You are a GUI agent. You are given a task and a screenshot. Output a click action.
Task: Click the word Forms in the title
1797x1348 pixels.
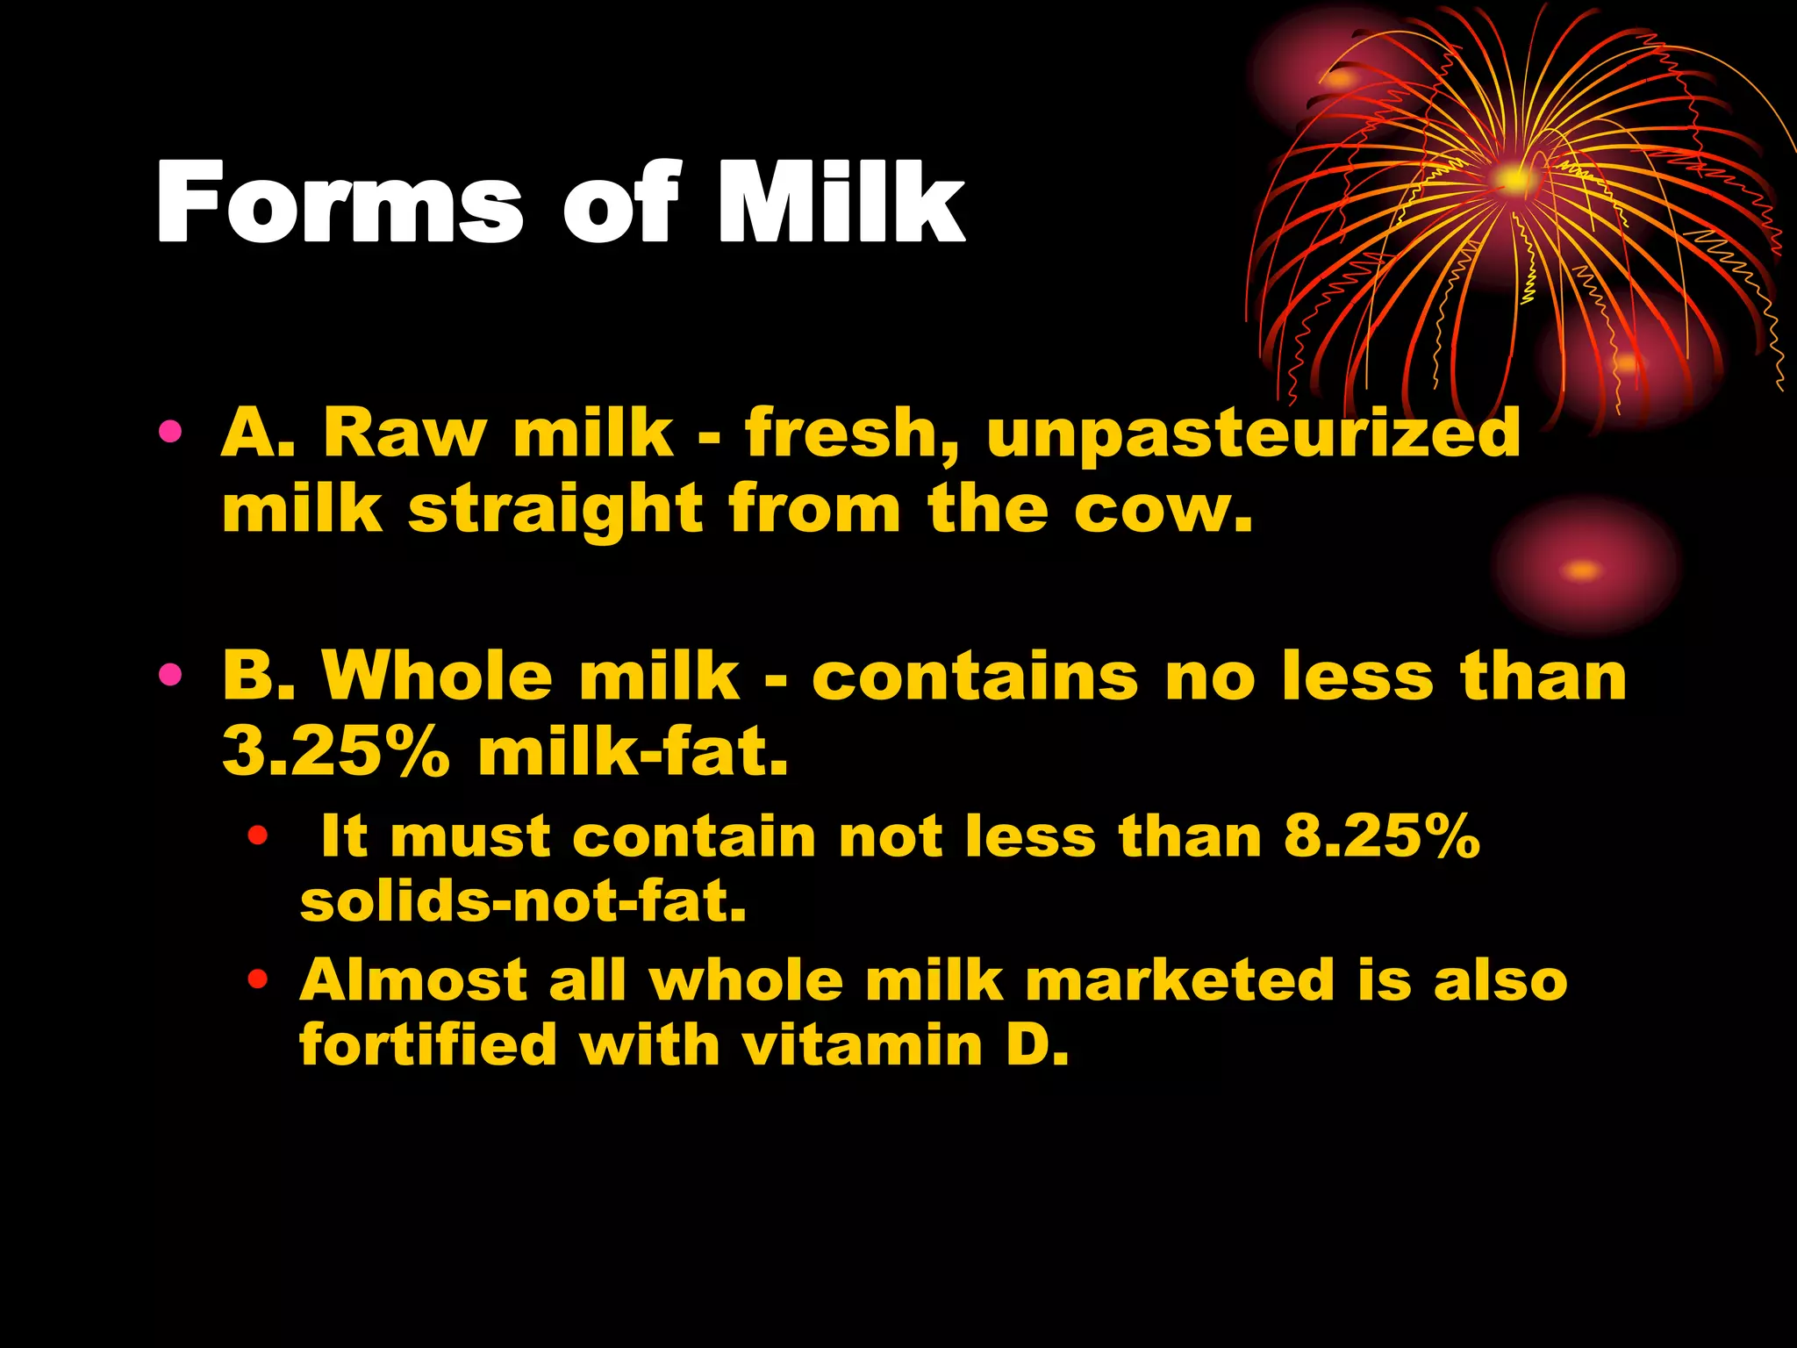[339, 204]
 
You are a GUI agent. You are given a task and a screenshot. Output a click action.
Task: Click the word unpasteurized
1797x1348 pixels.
[1254, 434]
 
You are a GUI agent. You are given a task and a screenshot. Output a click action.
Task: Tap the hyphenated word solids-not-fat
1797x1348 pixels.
[523, 901]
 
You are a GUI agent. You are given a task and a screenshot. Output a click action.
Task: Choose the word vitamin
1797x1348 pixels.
[862, 1046]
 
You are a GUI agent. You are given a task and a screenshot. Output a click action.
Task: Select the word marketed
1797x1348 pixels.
[1180, 979]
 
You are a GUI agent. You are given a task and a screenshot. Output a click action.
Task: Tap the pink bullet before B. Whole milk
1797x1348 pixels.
[171, 675]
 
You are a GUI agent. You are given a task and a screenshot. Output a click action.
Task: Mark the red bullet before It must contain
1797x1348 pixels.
[257, 835]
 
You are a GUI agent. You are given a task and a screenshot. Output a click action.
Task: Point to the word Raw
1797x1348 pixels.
[404, 434]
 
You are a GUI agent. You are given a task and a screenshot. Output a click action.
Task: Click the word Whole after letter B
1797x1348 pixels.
[437, 677]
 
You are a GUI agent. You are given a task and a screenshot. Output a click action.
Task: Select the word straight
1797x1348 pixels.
[555, 512]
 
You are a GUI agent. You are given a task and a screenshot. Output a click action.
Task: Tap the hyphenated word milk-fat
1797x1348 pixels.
[633, 752]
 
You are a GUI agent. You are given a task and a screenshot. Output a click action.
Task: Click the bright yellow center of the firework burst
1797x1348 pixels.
[1514, 179]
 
